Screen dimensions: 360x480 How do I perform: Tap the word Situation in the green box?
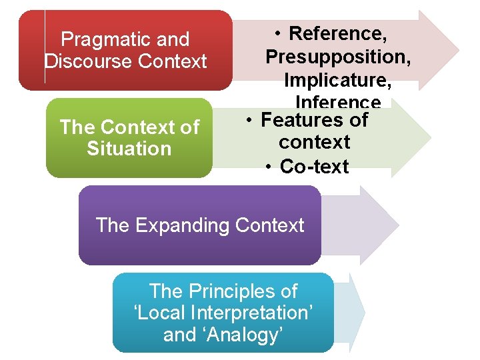click(129, 148)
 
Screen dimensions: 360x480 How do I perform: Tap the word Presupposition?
click(337, 57)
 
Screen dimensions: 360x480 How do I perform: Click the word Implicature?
click(337, 80)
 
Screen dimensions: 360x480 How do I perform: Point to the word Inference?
click(337, 102)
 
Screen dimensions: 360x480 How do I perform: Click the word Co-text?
click(314, 167)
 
